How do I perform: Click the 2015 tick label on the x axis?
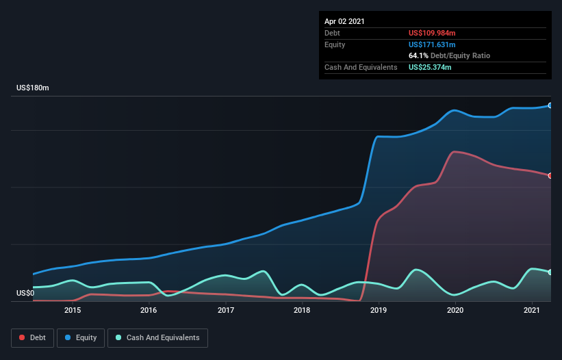[73, 310]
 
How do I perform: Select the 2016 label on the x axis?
[149, 310]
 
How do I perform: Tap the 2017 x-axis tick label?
[226, 310]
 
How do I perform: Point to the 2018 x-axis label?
[302, 310]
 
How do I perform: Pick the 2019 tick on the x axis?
[379, 310]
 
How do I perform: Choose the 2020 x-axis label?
[456, 310]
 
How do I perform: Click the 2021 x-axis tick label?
[533, 310]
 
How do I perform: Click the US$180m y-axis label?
[33, 88]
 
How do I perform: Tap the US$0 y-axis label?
[25, 293]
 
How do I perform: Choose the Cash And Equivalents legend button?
[157, 338]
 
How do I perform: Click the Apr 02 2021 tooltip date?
[344, 21]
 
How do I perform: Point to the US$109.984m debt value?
[431, 33]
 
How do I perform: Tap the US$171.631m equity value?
[431, 44]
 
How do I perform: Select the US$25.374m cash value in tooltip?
[430, 67]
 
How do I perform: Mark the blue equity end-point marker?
[550, 105]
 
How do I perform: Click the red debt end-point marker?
[550, 176]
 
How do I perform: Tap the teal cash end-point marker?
[550, 272]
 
